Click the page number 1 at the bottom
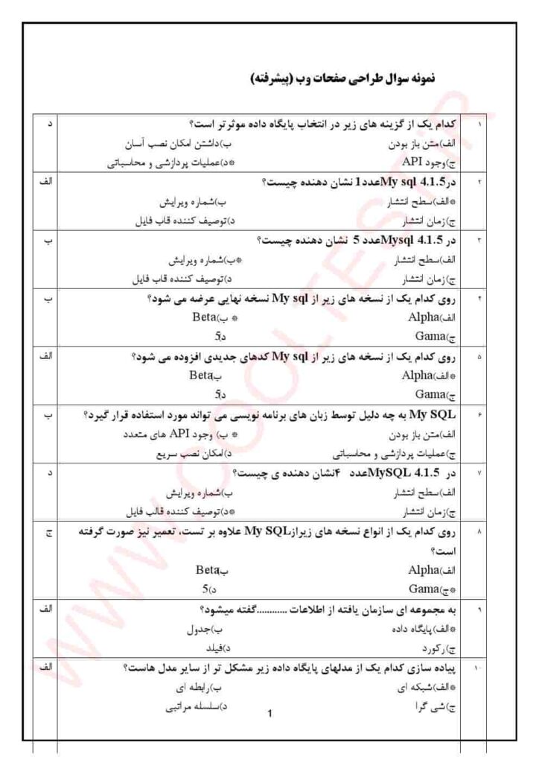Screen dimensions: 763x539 click(269, 714)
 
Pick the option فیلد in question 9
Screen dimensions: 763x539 click(205, 648)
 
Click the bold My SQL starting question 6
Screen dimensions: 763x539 click(441, 414)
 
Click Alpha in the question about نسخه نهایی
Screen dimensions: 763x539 click(424, 316)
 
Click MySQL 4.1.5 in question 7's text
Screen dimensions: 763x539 click(422, 473)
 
